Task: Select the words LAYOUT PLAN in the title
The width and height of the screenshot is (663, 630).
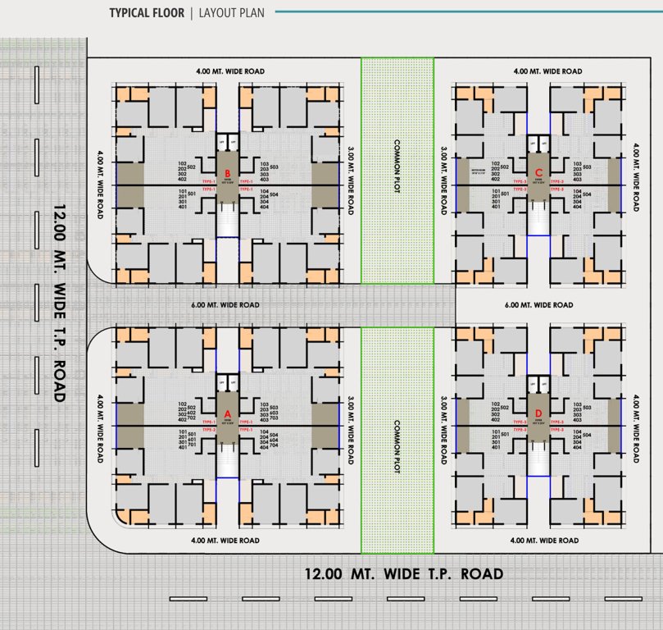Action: (x=232, y=13)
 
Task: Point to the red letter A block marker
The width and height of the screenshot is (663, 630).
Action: (x=228, y=414)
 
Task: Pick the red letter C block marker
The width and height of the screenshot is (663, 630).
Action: (x=538, y=172)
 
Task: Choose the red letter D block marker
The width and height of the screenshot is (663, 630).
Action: (x=538, y=413)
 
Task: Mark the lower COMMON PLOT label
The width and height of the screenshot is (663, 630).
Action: (x=397, y=443)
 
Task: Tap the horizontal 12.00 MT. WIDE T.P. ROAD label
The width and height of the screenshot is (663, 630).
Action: (x=403, y=574)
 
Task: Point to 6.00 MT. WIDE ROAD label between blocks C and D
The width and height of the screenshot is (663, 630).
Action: (x=538, y=305)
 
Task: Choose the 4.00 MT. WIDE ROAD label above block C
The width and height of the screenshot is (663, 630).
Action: (x=547, y=71)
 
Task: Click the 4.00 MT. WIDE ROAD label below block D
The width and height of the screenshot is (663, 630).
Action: (x=544, y=541)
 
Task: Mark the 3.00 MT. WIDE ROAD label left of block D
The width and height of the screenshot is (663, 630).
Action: (x=443, y=431)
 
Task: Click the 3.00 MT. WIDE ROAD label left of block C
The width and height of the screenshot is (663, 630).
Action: (x=443, y=181)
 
